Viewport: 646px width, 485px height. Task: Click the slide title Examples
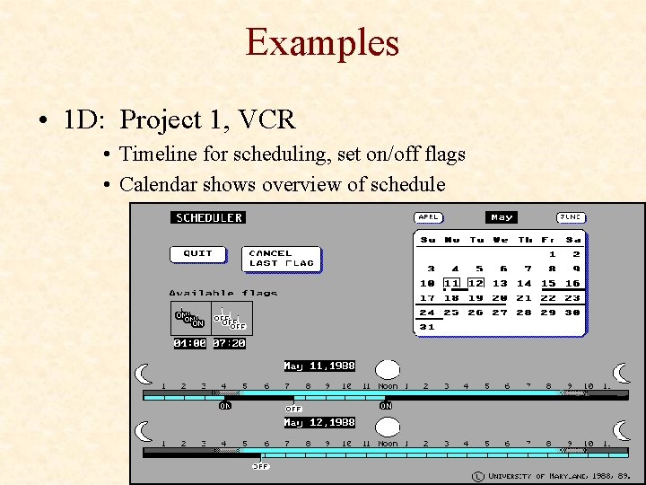tap(322, 42)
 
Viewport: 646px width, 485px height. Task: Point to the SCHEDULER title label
tap(208, 217)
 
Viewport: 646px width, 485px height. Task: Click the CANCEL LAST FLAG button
tap(282, 259)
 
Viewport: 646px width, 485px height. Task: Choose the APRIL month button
tap(429, 217)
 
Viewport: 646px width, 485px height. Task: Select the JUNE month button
tap(571, 217)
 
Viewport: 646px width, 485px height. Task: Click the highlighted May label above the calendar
tap(502, 217)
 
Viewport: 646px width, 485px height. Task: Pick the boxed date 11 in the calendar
tap(452, 283)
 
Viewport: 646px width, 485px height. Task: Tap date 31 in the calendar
tap(428, 327)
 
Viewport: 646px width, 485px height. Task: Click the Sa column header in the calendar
tap(573, 240)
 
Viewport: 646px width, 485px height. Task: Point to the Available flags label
tap(223, 293)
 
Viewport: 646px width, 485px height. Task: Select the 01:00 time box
tap(190, 343)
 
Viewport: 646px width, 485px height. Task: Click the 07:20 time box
tap(230, 343)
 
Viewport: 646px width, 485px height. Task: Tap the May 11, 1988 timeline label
tap(319, 366)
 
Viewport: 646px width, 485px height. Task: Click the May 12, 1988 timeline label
tap(319, 422)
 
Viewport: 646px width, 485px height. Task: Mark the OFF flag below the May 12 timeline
tap(261, 466)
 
